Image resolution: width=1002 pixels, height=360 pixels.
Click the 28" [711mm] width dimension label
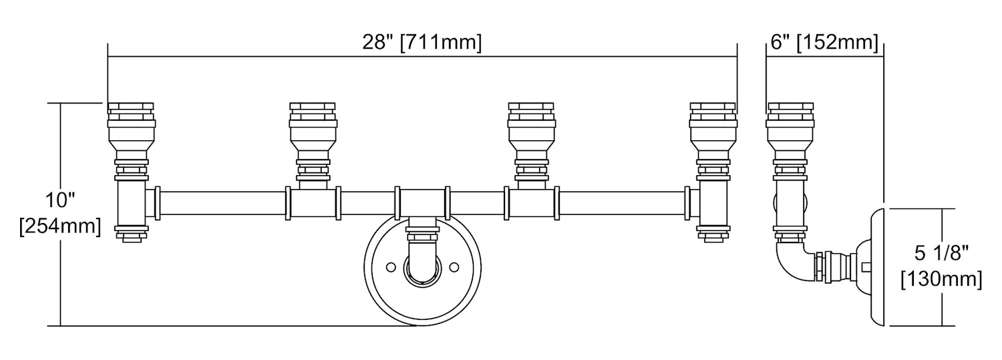pyautogui.click(x=422, y=43)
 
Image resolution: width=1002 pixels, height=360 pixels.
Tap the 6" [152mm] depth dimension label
pyautogui.click(x=824, y=43)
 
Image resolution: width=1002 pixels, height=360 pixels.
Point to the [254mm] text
pyautogui.click(x=60, y=226)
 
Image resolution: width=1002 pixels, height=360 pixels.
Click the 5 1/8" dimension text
pyautogui.click(x=941, y=254)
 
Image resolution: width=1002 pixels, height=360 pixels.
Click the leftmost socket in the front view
pyautogui.click(x=131, y=134)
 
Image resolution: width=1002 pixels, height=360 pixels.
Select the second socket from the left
pyautogui.click(x=313, y=134)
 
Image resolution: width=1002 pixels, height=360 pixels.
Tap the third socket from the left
pyautogui.click(x=532, y=134)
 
